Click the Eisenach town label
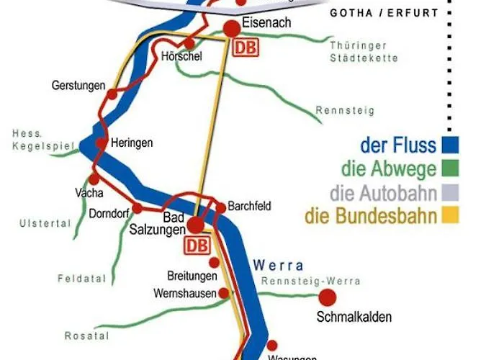tap(266, 23)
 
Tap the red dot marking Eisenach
tap(232, 29)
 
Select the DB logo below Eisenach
tap(244, 48)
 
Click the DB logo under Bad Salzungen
tap(197, 246)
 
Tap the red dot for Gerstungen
tap(112, 94)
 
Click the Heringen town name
tap(132, 143)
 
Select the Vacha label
tap(89, 193)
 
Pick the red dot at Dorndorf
tap(136, 209)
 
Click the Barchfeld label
tap(249, 206)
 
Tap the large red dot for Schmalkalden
tap(328, 296)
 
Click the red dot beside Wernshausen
tap(223, 292)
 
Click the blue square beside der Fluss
tap(451, 145)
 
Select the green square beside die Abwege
tap(451, 169)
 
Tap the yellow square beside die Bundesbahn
tap(451, 215)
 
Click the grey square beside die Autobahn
tap(451, 192)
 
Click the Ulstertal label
tap(45, 224)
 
